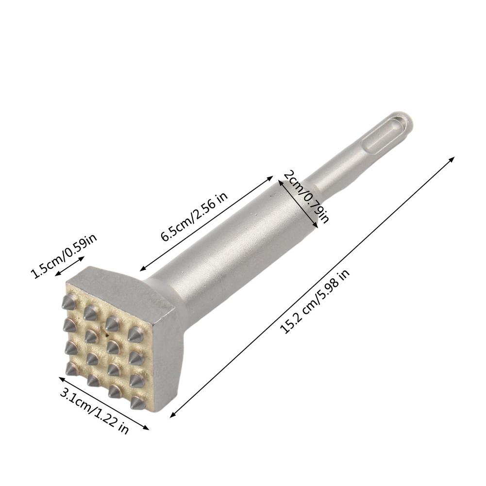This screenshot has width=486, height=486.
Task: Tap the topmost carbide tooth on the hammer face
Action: [x=67, y=302]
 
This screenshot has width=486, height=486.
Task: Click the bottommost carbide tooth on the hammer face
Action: [x=137, y=402]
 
